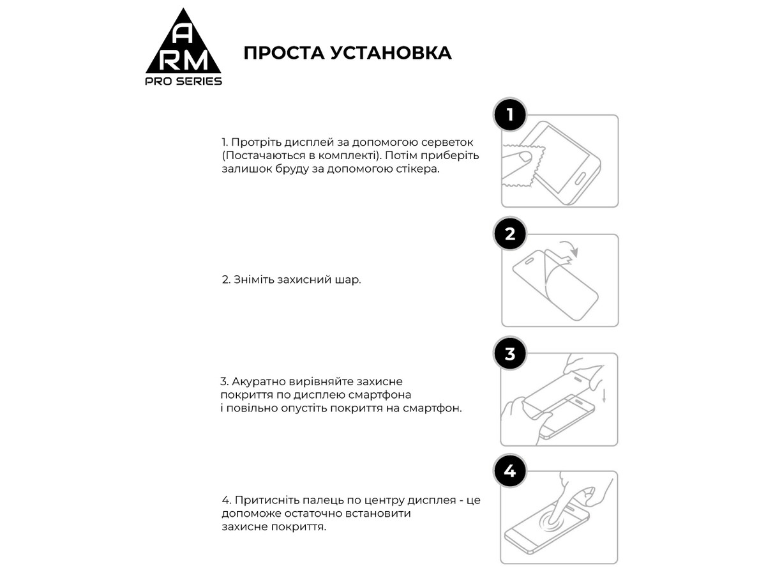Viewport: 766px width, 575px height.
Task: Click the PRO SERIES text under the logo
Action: pyautogui.click(x=184, y=81)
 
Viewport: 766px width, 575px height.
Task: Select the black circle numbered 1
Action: pyautogui.click(x=509, y=116)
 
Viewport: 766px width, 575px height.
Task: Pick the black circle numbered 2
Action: pyautogui.click(x=509, y=234)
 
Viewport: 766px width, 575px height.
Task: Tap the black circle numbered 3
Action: pyautogui.click(x=509, y=354)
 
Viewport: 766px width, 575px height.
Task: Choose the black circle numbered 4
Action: pyautogui.click(x=509, y=472)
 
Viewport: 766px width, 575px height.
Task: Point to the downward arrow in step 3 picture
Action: pyautogui.click(x=604, y=395)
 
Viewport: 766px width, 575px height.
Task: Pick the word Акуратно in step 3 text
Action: pyautogui.click(x=257, y=381)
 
